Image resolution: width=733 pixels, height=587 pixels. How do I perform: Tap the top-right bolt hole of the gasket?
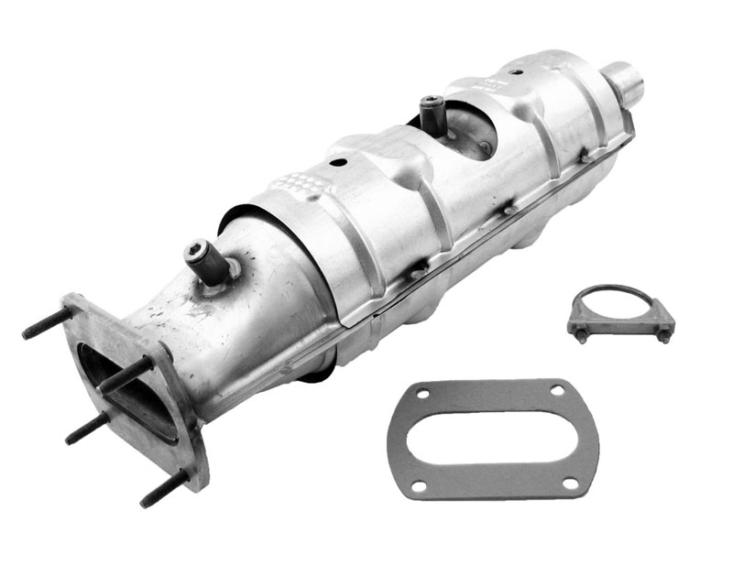point(556,391)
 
